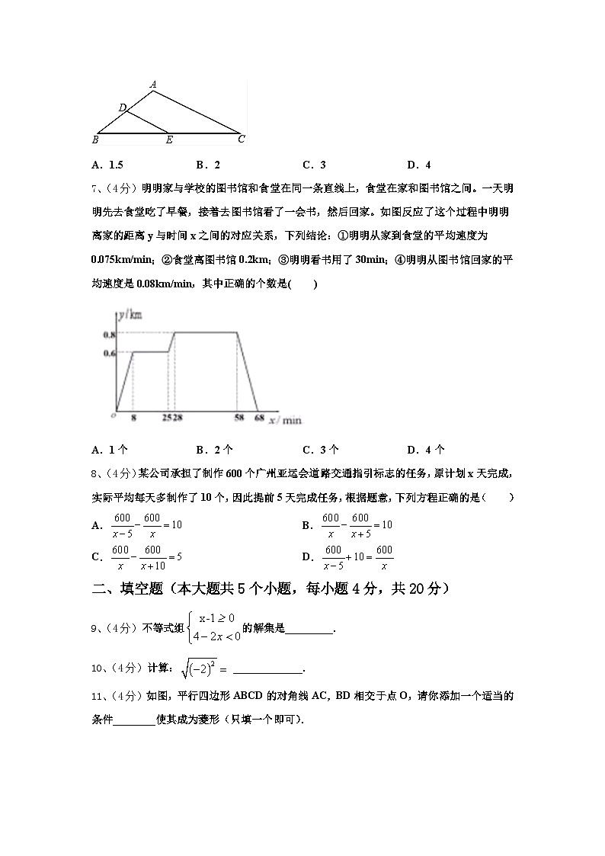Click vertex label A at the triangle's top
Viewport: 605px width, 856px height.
(x=153, y=85)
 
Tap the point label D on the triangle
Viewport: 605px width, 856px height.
(x=122, y=107)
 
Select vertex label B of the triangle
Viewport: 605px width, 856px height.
(x=95, y=139)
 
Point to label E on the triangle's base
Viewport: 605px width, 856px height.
(x=168, y=140)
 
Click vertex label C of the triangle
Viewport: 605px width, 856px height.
(x=241, y=139)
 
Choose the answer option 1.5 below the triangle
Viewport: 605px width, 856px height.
(x=107, y=165)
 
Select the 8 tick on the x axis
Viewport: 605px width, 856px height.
(x=133, y=418)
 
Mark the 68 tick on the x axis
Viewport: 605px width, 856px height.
(x=259, y=418)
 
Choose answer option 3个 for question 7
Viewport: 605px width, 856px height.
(x=320, y=450)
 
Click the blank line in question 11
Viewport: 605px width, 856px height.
(x=134, y=719)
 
